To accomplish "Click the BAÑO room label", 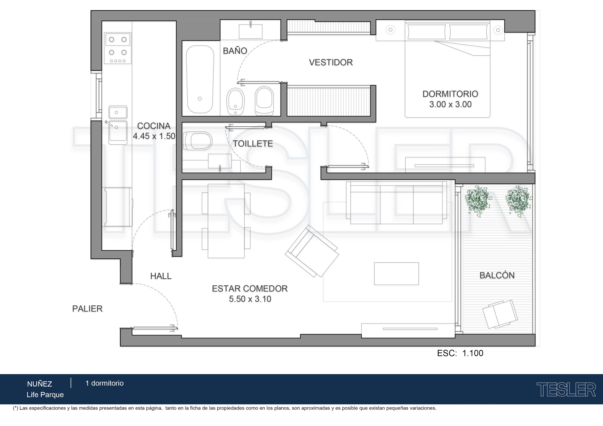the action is pyautogui.click(x=235, y=51).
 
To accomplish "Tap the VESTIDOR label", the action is pyautogui.click(x=331, y=63).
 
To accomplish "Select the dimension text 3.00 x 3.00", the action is pyautogui.click(x=450, y=104).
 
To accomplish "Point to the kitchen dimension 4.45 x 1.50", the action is pyautogui.click(x=154, y=136).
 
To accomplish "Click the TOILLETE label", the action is pyautogui.click(x=253, y=144).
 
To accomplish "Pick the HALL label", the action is pyautogui.click(x=161, y=276).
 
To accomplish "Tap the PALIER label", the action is pyautogui.click(x=87, y=309).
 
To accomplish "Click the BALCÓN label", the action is pyautogui.click(x=497, y=275).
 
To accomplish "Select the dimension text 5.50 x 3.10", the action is pyautogui.click(x=250, y=299).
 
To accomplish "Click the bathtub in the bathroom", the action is pyautogui.click(x=200, y=79).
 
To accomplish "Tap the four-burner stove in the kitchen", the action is pyautogui.click(x=118, y=48).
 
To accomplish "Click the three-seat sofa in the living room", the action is pyautogui.click(x=397, y=203).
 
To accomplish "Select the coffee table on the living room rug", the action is pyautogui.click(x=396, y=273).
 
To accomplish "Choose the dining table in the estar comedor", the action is pyautogui.click(x=226, y=221).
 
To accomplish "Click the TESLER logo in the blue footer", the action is pyautogui.click(x=566, y=390).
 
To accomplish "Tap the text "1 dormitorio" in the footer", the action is pyautogui.click(x=105, y=383).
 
